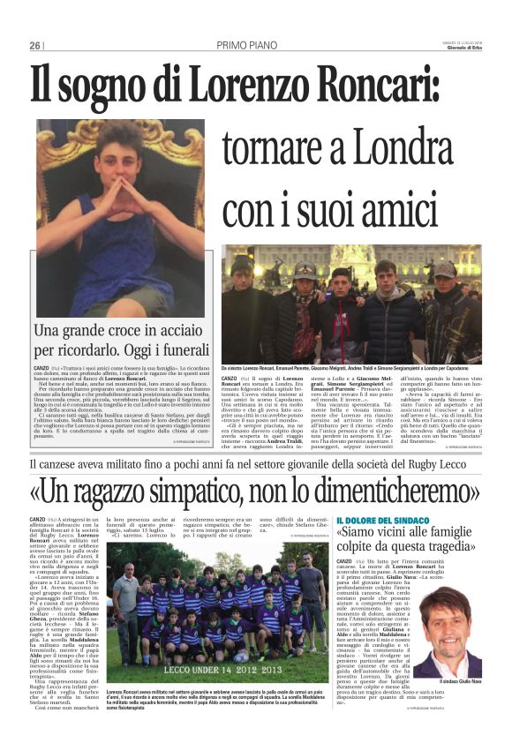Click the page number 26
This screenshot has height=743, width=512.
click(x=34, y=46)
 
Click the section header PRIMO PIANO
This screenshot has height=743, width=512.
click(x=248, y=46)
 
